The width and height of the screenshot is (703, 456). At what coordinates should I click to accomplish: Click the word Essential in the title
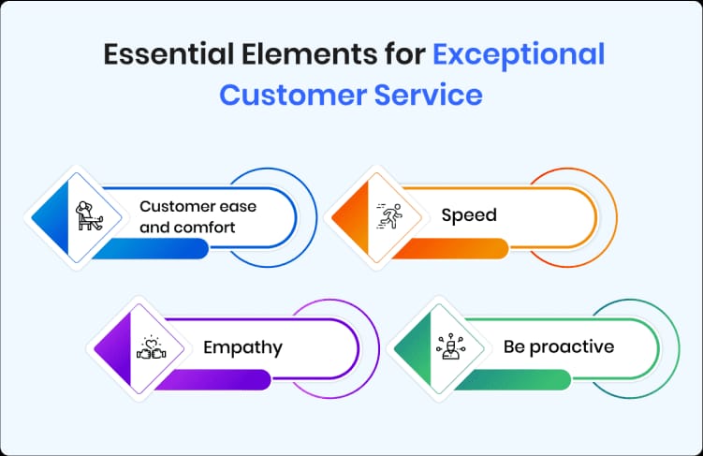tap(155, 55)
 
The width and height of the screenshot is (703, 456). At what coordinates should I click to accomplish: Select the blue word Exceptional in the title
tap(519, 55)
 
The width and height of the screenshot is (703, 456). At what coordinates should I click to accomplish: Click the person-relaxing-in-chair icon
tap(90, 216)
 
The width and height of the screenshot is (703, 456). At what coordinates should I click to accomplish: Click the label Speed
tap(469, 215)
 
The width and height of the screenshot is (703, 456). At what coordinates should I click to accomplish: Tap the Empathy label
tap(243, 348)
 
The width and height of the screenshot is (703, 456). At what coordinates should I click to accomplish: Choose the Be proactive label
tap(559, 347)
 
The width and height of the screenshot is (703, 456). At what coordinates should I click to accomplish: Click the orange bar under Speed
tap(449, 248)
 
